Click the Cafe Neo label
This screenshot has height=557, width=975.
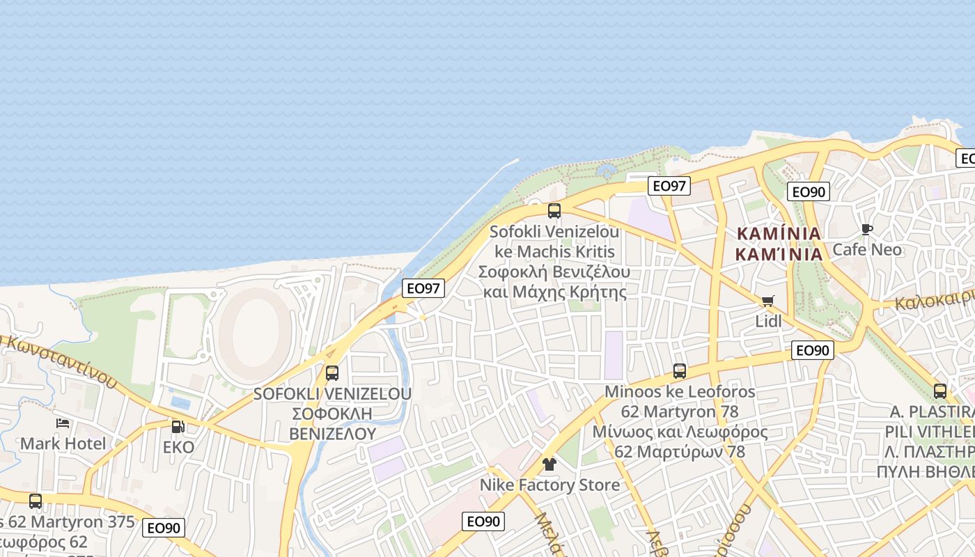click(x=867, y=249)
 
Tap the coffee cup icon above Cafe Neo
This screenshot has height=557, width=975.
click(x=867, y=229)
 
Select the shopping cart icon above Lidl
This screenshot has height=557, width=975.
click(x=768, y=301)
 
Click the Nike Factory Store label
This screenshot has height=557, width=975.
click(x=549, y=485)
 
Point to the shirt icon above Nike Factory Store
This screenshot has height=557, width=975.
click(x=549, y=464)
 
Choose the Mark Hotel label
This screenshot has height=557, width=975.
click(x=63, y=444)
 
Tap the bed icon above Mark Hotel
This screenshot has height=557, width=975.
click(x=63, y=423)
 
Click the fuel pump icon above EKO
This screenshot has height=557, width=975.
click(x=178, y=426)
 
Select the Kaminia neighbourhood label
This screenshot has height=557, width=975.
click(x=779, y=243)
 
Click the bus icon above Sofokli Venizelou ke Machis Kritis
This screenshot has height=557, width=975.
click(x=554, y=210)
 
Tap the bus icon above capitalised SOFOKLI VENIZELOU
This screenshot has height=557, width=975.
click(x=332, y=372)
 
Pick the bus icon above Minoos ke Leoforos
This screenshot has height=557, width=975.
click(x=680, y=370)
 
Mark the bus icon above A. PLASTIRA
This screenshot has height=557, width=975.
click(x=940, y=391)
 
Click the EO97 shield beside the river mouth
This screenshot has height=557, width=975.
click(x=423, y=288)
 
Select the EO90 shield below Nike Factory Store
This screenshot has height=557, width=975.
click(x=483, y=521)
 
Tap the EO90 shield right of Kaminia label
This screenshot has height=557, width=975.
click(x=809, y=191)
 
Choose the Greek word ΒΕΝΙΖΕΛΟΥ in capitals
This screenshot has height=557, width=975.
click(x=333, y=434)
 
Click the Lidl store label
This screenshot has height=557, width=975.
click(x=768, y=321)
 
